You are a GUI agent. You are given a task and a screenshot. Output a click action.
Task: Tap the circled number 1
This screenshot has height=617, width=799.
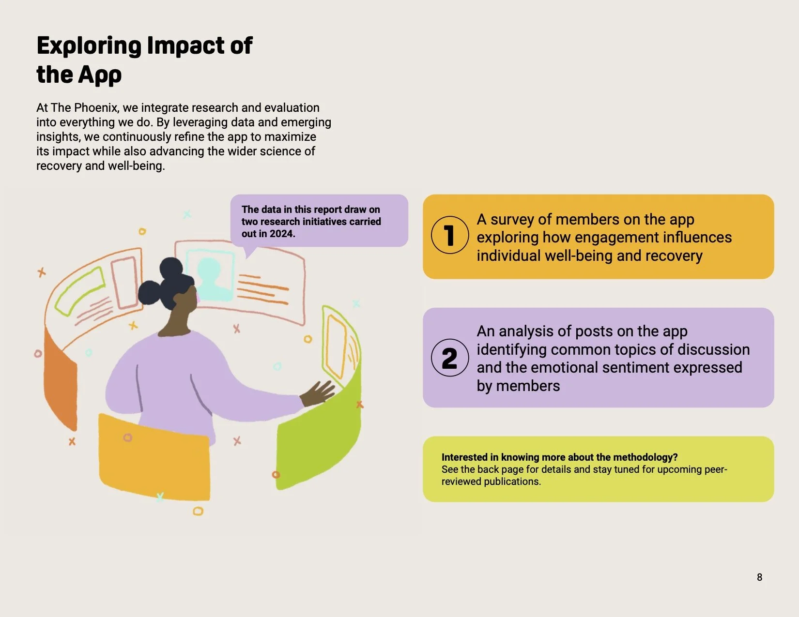pyautogui.click(x=450, y=235)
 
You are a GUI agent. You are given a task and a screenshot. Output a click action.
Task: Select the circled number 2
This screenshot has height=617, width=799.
pyautogui.click(x=450, y=358)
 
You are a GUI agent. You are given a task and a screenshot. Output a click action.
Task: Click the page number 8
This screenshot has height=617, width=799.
pyautogui.click(x=759, y=577)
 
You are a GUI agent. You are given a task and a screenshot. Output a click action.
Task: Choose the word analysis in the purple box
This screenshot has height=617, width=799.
pyautogui.click(x=526, y=331)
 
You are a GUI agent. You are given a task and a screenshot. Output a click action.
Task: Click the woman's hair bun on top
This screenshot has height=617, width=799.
pyautogui.click(x=171, y=268)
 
